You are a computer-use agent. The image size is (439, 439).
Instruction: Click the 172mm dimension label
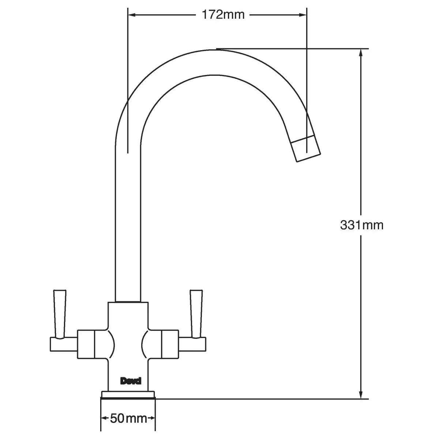click(223, 15)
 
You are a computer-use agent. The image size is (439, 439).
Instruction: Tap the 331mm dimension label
click(362, 225)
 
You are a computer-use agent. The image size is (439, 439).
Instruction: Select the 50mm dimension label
click(128, 418)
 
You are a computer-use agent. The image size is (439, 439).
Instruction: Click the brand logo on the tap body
click(131, 381)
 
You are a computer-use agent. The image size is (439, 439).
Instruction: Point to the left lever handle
click(60, 314)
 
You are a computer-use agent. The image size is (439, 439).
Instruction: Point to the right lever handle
click(196, 314)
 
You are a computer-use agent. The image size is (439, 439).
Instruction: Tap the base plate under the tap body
click(128, 395)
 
